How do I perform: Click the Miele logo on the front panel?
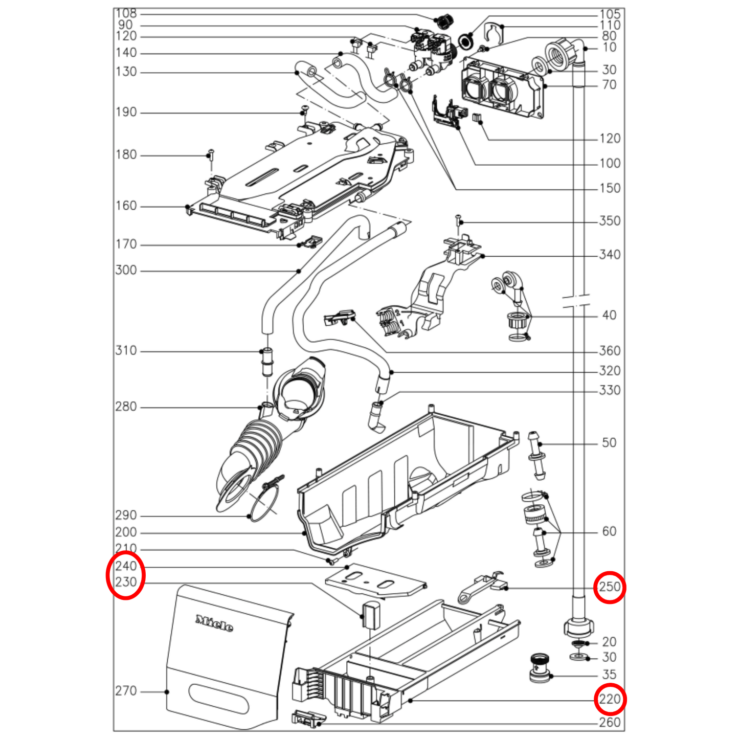[214, 623]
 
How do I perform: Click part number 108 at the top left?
[126, 13]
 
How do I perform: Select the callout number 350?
[610, 221]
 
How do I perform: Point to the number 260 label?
[610, 722]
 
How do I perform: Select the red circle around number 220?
[610, 700]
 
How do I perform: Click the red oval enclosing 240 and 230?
[125, 574]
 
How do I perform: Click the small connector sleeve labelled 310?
[266, 362]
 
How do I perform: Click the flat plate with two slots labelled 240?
[376, 580]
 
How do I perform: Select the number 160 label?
[126, 206]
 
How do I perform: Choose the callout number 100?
[610, 163]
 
